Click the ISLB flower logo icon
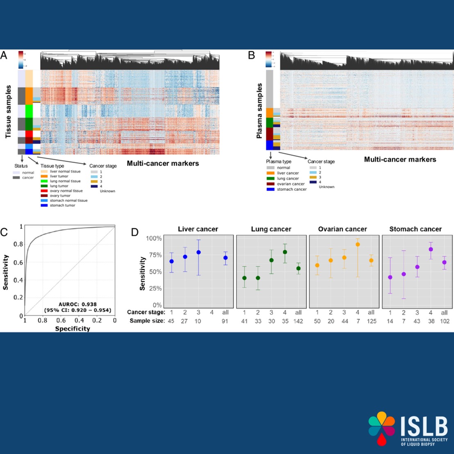pyautogui.click(x=381, y=429)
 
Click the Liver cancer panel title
pyautogui.click(x=198, y=229)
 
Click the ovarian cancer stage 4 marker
pyautogui.click(x=358, y=244)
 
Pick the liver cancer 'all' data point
pyautogui.click(x=225, y=258)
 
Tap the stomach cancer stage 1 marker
pyautogui.click(x=390, y=277)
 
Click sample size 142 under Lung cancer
pyautogui.click(x=298, y=321)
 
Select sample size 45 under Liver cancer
pyautogui.click(x=171, y=321)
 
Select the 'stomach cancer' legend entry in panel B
pyautogui.click(x=291, y=189)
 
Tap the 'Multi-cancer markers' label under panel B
pyautogui.click(x=400, y=159)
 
